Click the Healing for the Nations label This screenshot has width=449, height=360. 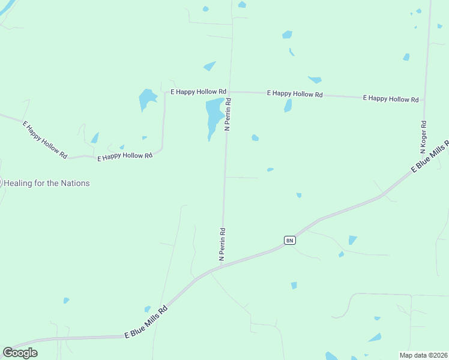47,183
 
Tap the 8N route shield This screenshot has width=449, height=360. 289,241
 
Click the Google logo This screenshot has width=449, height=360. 20,353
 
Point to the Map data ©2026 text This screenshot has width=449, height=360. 423,355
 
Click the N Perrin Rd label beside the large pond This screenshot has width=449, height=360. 228,115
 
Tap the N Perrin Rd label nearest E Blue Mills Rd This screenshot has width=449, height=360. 222,243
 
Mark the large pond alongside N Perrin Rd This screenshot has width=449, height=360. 214,115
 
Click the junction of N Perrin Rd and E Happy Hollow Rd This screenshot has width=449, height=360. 231,92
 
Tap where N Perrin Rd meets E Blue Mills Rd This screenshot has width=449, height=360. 221,265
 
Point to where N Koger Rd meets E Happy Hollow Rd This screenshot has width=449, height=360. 424,100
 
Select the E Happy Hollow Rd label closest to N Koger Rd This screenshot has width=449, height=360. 390,98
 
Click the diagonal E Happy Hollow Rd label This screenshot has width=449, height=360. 44,140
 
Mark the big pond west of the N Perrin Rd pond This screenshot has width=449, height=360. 146,98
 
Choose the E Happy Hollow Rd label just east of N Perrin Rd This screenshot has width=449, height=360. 295,94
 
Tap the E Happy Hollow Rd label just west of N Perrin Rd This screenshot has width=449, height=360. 198,92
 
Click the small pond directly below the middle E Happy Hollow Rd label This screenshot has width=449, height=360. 288,106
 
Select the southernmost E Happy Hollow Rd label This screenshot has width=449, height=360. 125,156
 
